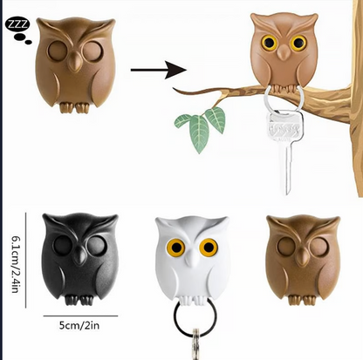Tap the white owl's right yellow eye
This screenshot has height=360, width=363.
point(207,248)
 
